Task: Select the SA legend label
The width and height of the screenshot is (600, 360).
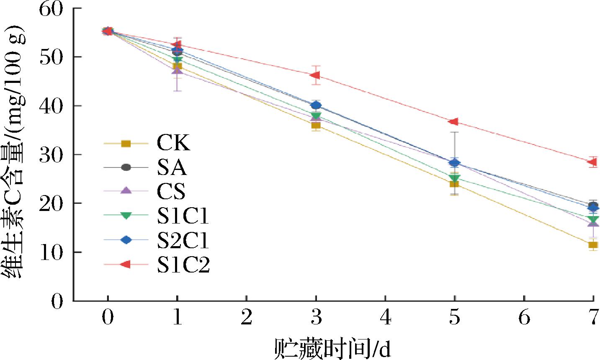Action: coord(172,167)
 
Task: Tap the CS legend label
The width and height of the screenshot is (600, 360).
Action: coord(171,191)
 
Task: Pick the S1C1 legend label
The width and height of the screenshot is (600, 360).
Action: coord(183,216)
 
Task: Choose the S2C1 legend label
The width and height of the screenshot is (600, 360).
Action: coord(183,240)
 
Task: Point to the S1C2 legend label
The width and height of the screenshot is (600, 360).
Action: coord(183,264)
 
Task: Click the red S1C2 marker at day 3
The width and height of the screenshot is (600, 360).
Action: coord(315,75)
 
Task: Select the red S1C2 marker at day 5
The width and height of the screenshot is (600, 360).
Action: coord(454,121)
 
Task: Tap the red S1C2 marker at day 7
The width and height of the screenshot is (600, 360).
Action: coord(592,162)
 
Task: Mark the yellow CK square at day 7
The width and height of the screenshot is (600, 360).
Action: coord(593,245)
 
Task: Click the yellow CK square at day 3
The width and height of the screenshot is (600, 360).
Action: coord(316,125)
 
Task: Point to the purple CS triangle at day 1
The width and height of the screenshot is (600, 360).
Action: coord(178,70)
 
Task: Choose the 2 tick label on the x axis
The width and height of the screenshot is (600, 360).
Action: coord(247,318)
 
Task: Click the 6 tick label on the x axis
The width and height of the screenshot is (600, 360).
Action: coord(524,318)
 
